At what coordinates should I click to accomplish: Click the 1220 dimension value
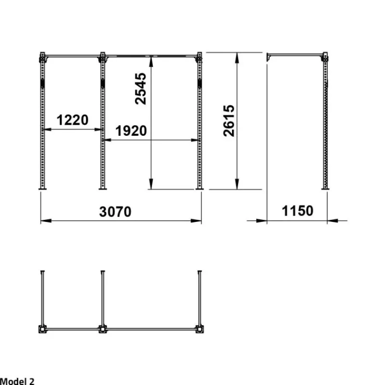[x=73, y=120]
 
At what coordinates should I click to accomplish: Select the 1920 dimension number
[x=131, y=130]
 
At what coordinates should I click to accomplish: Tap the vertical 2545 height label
[x=141, y=89]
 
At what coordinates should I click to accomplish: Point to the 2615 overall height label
[x=229, y=121]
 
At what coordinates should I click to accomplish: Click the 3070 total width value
[x=115, y=212]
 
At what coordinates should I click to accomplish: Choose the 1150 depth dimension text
[x=297, y=211]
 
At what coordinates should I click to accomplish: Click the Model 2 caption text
[x=17, y=381]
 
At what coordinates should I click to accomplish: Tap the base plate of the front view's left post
[x=42, y=189]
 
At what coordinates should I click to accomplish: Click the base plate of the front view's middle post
[x=103, y=189]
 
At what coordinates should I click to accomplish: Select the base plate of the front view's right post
[x=199, y=189]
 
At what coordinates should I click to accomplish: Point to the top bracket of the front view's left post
[x=42, y=58]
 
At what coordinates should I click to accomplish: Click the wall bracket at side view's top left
[x=269, y=57]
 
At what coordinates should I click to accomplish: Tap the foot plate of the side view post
[x=325, y=189]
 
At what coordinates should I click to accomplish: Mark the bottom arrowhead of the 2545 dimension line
[x=151, y=184]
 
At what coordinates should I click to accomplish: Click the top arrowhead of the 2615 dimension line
[x=237, y=58]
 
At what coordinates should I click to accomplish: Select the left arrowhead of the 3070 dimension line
[x=46, y=221]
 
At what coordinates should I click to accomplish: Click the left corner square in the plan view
[x=42, y=329]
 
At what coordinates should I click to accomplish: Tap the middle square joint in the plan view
[x=103, y=329]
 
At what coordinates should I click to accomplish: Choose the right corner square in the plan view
[x=199, y=329]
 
